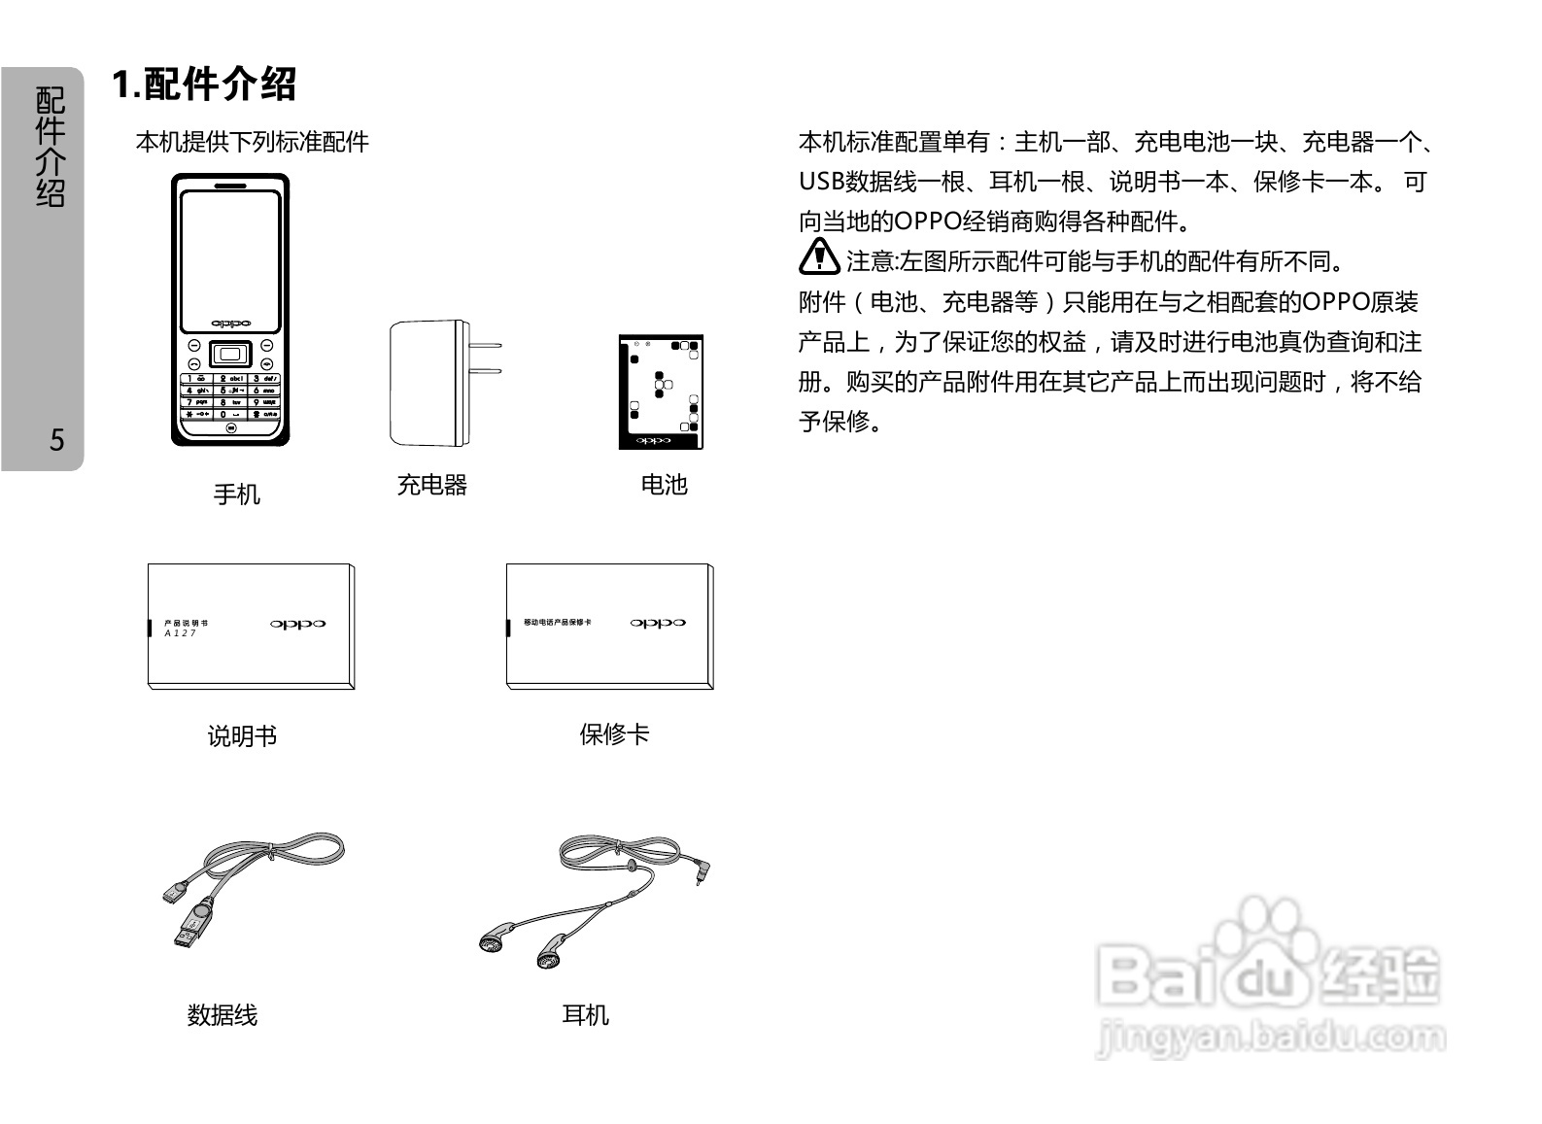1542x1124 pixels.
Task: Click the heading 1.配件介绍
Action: tap(204, 85)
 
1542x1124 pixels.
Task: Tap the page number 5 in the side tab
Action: tap(56, 440)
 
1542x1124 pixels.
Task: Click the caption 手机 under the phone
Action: tap(236, 494)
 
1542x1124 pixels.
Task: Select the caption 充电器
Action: tap(431, 485)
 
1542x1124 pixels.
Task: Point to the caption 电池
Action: tap(664, 485)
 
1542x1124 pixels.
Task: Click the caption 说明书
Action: tap(242, 736)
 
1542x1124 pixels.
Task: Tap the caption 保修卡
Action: tap(614, 734)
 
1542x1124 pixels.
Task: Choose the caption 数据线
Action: tap(222, 1015)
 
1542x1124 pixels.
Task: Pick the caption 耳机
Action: tap(585, 1015)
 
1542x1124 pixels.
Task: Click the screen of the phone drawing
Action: tap(230, 257)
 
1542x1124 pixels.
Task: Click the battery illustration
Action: tap(661, 392)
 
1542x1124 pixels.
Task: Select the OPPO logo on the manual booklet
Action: tap(297, 625)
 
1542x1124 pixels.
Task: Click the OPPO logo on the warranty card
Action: tap(658, 624)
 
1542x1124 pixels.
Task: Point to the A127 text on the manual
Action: tap(180, 633)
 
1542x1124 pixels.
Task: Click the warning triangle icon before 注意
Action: tap(819, 256)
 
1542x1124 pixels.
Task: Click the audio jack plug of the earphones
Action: tap(700, 869)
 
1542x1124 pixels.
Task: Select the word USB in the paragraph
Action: tap(821, 182)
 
